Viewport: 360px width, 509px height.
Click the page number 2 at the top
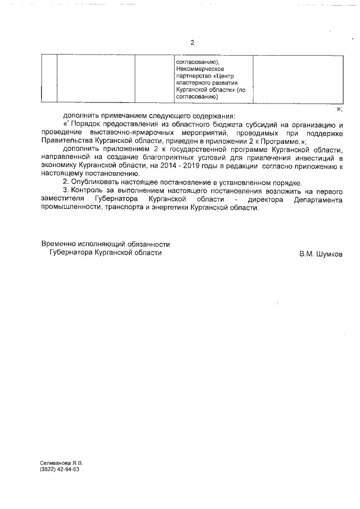192,43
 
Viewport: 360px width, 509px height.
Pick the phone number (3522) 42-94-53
60,469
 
